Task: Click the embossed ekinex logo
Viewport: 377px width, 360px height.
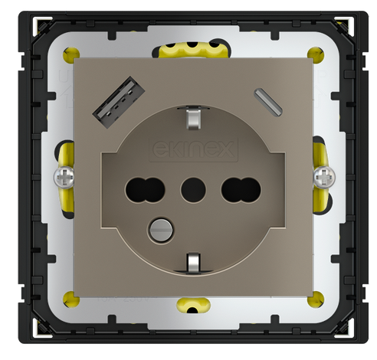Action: [188, 146]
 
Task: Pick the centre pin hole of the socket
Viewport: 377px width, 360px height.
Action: [188, 186]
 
